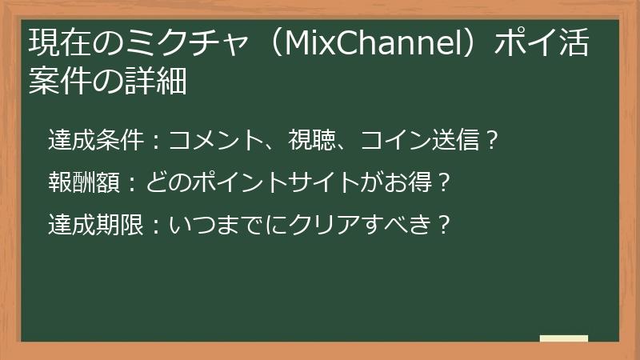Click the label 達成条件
(95, 141)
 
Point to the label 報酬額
(83, 183)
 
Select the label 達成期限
(95, 225)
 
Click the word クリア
(308, 225)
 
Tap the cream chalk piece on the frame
(563, 338)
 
